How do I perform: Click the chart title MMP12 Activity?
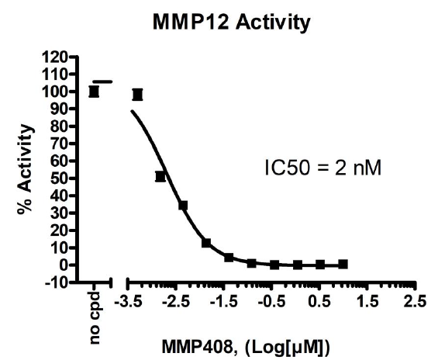tap(218, 23)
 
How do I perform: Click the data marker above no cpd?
tap(94, 92)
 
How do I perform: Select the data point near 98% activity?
tap(138, 95)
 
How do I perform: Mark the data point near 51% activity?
tap(160, 176)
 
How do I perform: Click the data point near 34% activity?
tap(183, 206)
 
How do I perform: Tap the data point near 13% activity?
tap(206, 243)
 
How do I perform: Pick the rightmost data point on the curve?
tap(343, 264)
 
